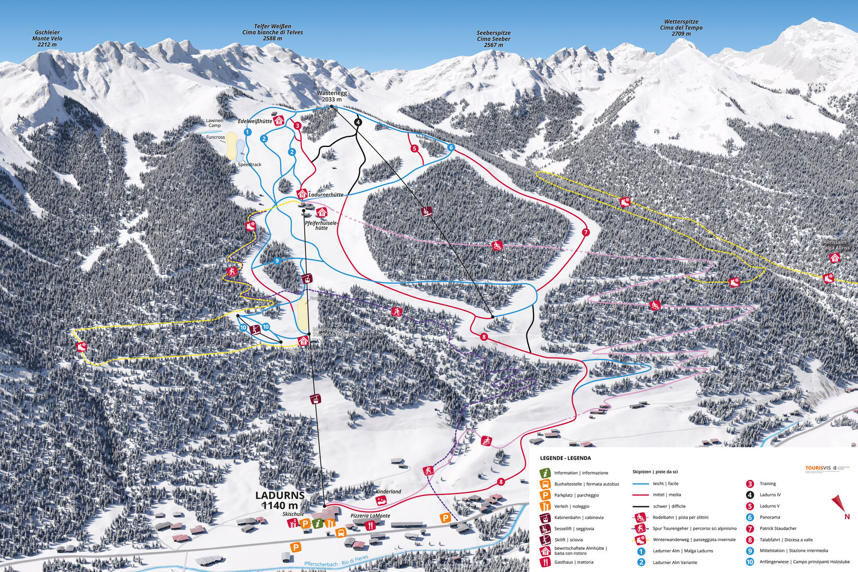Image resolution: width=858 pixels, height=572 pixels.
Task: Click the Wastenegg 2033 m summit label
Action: tap(332, 96)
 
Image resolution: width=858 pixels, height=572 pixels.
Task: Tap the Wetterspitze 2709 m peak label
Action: tap(681, 28)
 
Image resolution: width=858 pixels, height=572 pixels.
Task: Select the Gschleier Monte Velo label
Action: tap(47, 39)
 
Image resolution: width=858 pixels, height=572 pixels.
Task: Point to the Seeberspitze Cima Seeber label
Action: tap(494, 39)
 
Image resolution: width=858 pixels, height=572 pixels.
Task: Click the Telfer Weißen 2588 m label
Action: tap(272, 32)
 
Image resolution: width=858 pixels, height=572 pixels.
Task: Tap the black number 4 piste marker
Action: tap(358, 122)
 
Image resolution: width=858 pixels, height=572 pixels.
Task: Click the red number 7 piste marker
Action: tap(585, 232)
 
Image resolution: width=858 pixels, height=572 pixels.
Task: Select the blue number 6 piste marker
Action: tap(451, 148)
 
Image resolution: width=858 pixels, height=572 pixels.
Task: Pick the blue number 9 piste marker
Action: tap(277, 260)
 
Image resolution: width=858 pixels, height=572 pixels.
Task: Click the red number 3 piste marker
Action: tap(297, 125)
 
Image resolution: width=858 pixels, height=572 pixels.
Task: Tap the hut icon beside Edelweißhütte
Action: tap(279, 120)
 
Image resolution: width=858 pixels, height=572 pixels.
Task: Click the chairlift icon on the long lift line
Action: tap(427, 211)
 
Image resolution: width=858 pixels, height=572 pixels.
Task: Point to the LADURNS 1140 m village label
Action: tap(280, 500)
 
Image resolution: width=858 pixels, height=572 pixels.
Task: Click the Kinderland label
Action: tap(388, 491)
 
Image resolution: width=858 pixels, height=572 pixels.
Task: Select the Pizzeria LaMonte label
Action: tap(370, 515)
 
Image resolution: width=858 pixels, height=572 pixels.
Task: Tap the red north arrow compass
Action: tap(839, 505)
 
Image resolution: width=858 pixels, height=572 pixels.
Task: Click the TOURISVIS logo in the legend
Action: tap(818, 468)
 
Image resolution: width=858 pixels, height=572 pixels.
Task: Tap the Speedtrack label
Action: tap(249, 164)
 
